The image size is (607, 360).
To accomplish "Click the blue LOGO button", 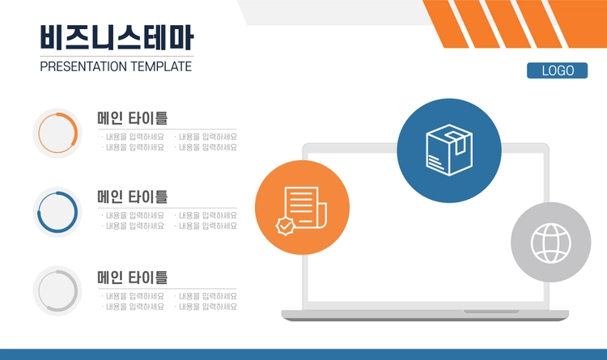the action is tap(557, 70).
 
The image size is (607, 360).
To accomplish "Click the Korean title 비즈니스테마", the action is tap(117, 37).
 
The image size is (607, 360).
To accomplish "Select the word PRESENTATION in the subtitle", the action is tap(83, 66).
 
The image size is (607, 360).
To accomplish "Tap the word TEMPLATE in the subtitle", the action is tap(161, 66).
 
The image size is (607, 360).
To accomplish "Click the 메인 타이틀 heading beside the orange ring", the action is tap(133, 118).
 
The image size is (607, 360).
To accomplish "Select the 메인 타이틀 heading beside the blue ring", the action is tap(133, 197).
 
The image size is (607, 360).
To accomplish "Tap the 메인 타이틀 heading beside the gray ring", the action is tap(133, 277).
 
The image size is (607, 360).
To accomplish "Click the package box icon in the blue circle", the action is tap(449, 150).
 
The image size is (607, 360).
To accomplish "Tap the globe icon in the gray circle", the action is tap(551, 243).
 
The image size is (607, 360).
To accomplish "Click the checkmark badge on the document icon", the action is tap(286, 227).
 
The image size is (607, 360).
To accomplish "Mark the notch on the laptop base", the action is tap(491, 311).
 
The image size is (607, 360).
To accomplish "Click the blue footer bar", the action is tap(303, 354).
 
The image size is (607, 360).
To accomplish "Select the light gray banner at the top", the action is tap(333, 12).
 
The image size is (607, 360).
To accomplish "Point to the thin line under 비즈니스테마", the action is tap(117, 57).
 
